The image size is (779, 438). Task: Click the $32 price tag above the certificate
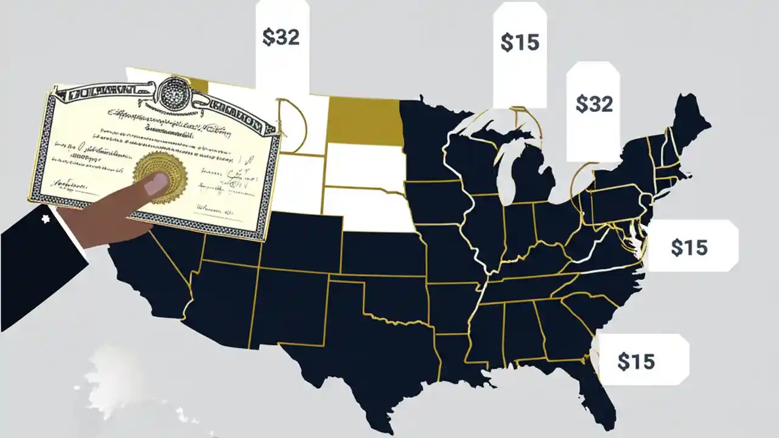tap(282, 38)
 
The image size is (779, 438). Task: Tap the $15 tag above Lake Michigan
tap(520, 43)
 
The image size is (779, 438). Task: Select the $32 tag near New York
tap(593, 105)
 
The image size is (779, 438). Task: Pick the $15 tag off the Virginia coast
tap(690, 247)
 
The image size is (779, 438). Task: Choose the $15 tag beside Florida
tap(637, 361)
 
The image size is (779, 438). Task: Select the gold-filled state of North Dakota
tap(365, 121)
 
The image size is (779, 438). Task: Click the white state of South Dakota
tap(364, 166)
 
